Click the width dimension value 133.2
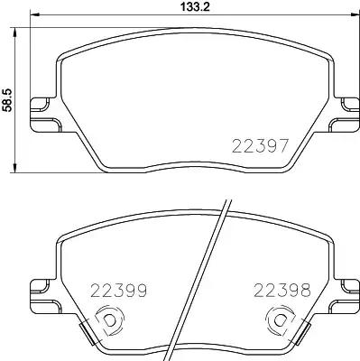coord(184,8)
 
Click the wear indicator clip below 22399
coord(107,321)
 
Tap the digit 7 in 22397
coord(282,146)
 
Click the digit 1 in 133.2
coord(172,8)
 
